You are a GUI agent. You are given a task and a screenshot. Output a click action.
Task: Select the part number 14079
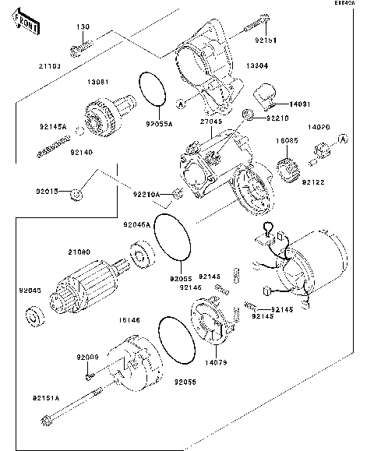[217, 362]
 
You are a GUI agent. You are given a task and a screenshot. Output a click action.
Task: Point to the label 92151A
[47, 397]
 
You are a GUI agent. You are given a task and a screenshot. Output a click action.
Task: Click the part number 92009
[86, 357]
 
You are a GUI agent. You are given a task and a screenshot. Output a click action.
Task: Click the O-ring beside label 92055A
[153, 90]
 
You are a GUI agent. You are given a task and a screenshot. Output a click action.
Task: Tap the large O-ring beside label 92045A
[171, 236]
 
